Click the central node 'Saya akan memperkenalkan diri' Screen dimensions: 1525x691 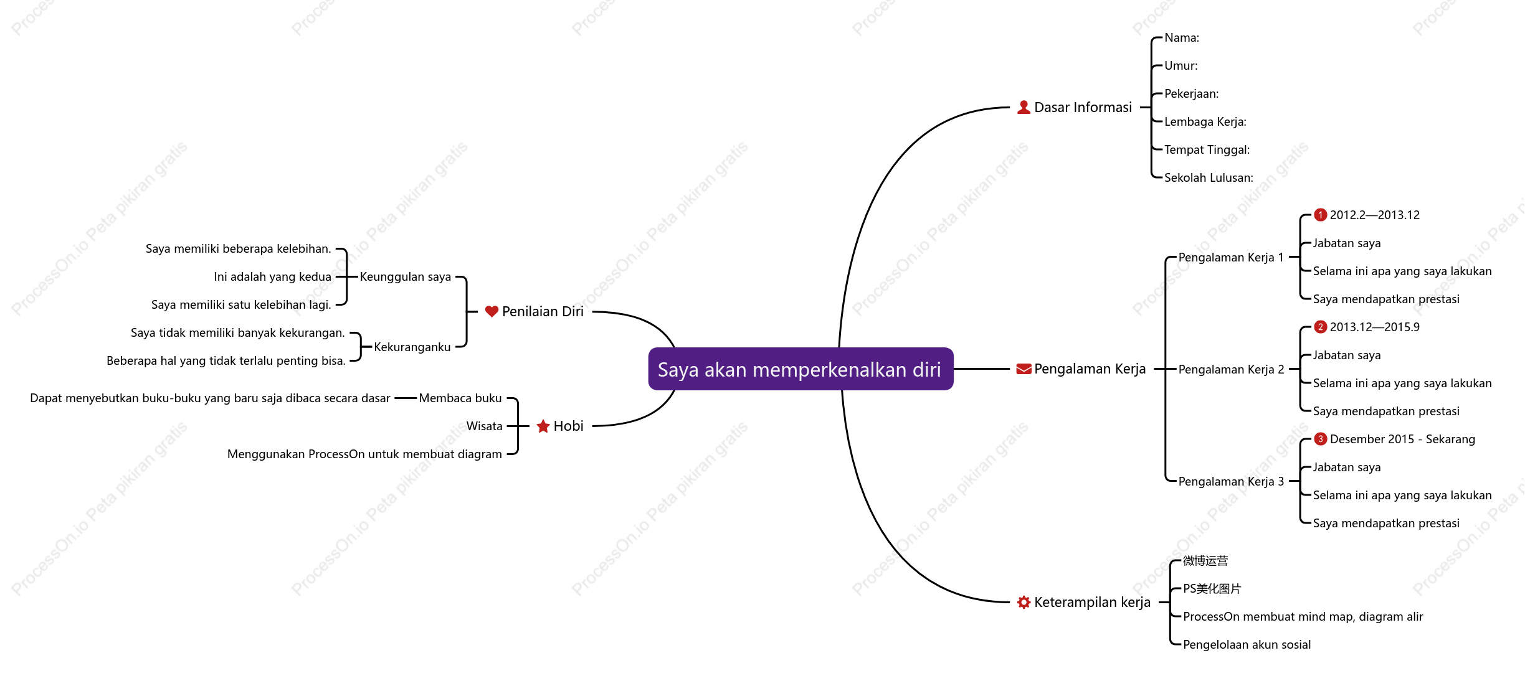click(801, 369)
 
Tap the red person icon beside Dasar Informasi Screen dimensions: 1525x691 click(1024, 108)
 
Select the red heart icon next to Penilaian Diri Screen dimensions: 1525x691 click(492, 311)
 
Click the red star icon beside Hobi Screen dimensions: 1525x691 click(543, 426)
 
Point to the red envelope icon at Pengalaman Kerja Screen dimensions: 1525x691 click(1024, 369)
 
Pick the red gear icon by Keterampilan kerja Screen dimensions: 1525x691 click(1024, 603)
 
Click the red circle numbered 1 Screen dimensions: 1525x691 click(1320, 215)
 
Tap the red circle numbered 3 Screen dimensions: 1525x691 click(1320, 439)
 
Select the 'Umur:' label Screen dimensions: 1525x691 click(1181, 66)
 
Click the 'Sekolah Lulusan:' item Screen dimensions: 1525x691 click(1209, 178)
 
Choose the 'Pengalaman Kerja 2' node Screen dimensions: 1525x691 click(1231, 370)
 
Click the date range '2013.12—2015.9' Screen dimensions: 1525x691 click(1375, 327)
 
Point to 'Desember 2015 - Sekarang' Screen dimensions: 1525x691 click(1402, 440)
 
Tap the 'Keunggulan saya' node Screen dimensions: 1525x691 click(406, 277)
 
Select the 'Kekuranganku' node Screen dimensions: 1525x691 click(412, 347)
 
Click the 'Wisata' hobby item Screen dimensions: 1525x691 click(485, 426)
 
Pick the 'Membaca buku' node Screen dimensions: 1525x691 click(460, 398)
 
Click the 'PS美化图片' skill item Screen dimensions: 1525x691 click(1212, 589)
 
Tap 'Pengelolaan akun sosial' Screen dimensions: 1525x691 click(1247, 645)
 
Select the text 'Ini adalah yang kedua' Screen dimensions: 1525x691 click(273, 277)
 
